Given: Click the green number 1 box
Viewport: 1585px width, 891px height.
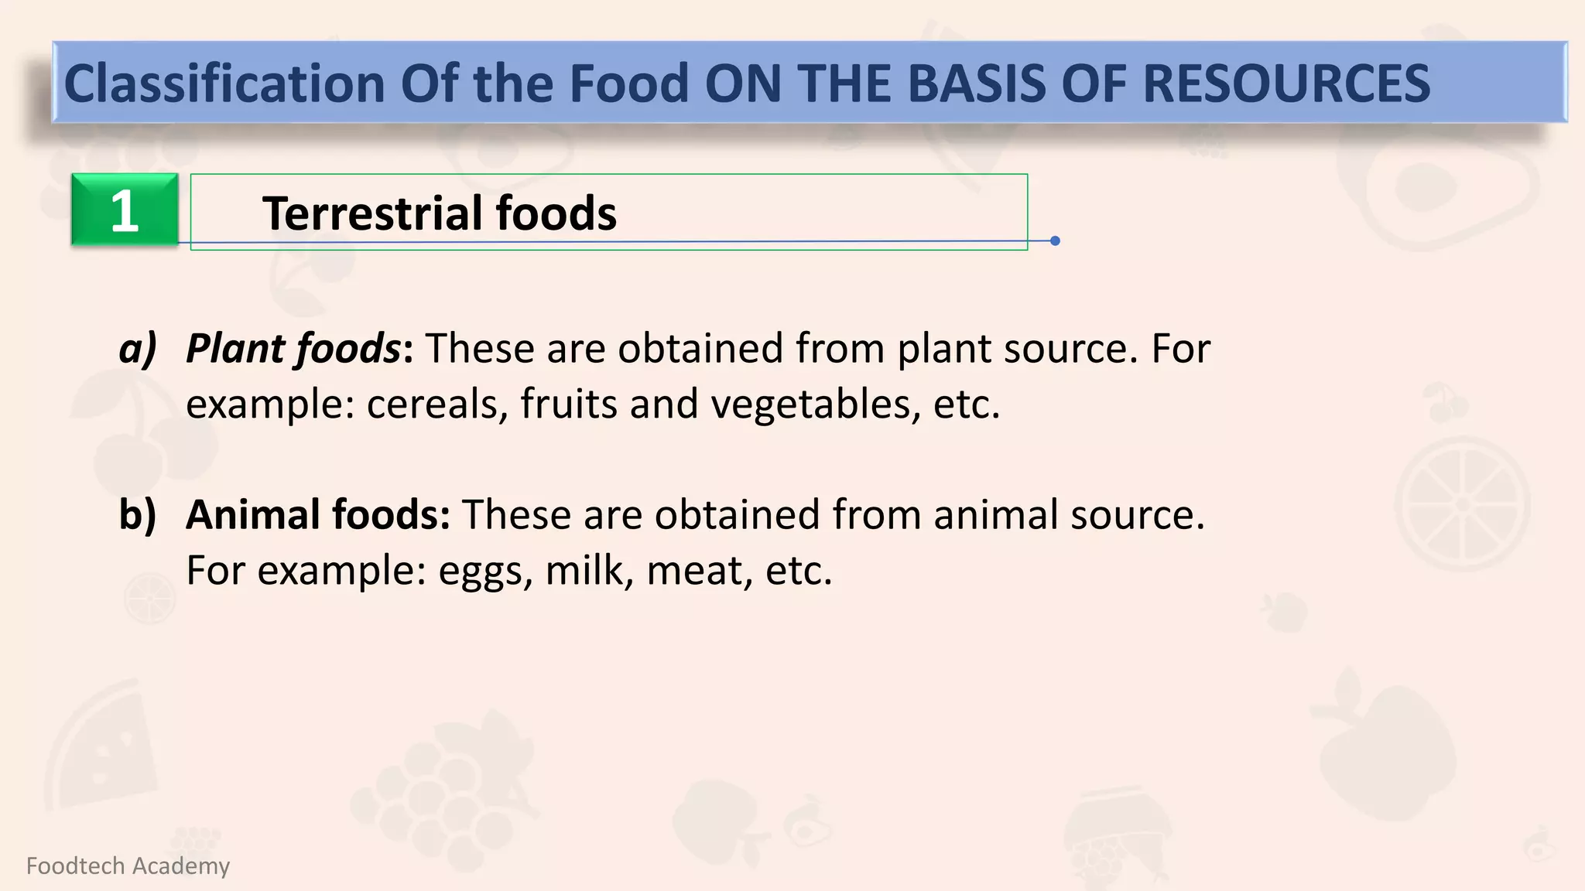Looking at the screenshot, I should pos(125,210).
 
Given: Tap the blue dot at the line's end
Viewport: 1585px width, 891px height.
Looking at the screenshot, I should pos(1055,241).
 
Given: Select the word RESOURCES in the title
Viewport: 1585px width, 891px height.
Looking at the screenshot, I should pos(1285,84).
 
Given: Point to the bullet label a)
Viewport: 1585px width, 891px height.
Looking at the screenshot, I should pos(138,348).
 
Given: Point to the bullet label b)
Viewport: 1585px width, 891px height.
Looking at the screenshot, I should pos(138,514).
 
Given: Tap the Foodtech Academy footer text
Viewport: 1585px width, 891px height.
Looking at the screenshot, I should pos(128,865).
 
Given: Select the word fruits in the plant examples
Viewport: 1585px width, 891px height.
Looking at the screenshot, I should pos(568,405).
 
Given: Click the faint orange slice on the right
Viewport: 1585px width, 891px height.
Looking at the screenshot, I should pos(1462,504).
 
